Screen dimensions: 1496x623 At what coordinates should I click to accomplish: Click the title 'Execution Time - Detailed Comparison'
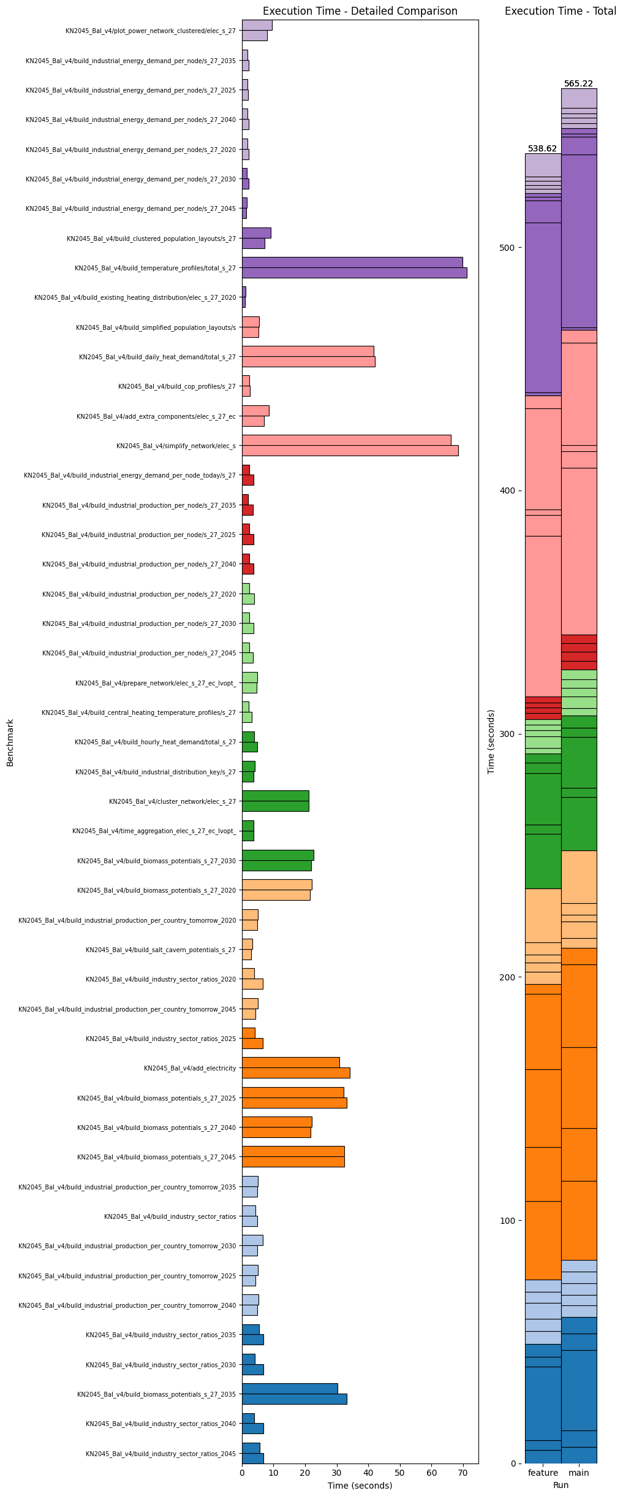[360, 11]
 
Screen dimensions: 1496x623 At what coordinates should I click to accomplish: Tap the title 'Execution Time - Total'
[560, 11]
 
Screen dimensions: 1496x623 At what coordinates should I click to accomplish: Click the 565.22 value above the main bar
[578, 83]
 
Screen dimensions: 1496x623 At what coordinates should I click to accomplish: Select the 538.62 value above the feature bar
[542, 148]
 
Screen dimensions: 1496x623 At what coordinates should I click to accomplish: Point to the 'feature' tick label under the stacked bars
[543, 1473]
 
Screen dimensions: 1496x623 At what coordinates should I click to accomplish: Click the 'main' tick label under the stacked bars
[578, 1473]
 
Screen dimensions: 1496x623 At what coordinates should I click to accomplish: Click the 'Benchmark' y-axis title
[10, 742]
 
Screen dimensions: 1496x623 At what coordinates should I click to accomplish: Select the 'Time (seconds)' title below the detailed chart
[360, 1485]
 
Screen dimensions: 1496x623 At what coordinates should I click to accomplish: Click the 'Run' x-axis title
[561, 1485]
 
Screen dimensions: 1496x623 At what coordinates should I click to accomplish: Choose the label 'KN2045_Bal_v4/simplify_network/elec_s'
[176, 446]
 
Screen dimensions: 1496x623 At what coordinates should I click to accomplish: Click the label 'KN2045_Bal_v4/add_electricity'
[190, 1068]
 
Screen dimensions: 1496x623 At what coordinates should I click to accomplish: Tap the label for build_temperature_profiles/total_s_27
[155, 268]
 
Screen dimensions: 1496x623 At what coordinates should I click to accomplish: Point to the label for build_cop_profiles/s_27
[176, 386]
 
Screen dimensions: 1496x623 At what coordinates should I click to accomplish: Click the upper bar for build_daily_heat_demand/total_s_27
[308, 351]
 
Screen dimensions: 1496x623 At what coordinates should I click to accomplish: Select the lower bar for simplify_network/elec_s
[350, 451]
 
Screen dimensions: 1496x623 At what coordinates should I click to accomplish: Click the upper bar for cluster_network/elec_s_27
[275, 795]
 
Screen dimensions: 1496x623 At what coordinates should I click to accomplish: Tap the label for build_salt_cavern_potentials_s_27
[160, 950]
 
